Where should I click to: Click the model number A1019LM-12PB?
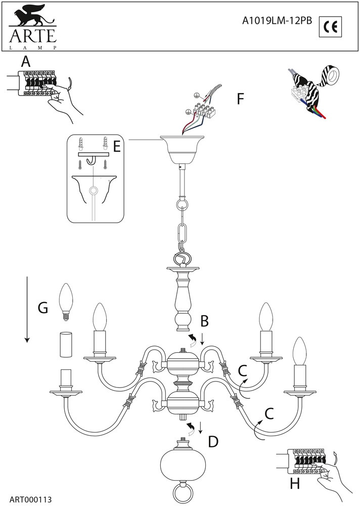click(x=277, y=21)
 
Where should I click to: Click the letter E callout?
click(x=116, y=146)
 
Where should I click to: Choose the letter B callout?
click(x=204, y=320)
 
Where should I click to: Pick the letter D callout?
click(x=213, y=442)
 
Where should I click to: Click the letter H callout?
click(x=295, y=484)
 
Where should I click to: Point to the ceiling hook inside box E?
click(x=92, y=160)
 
